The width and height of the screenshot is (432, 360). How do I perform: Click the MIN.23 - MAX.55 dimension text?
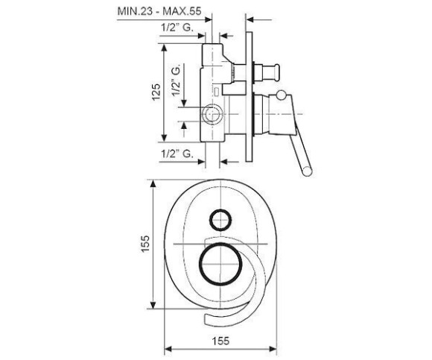point(159,11)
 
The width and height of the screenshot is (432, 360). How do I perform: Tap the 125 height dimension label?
point(156,92)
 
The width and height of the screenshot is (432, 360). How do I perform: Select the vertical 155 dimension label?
point(145,244)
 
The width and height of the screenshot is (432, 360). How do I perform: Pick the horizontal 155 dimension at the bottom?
point(220,341)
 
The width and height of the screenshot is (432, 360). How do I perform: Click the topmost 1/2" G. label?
point(177,28)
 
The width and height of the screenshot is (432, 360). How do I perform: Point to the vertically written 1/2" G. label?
point(176,80)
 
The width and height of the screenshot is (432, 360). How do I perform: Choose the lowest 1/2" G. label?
point(177,154)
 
